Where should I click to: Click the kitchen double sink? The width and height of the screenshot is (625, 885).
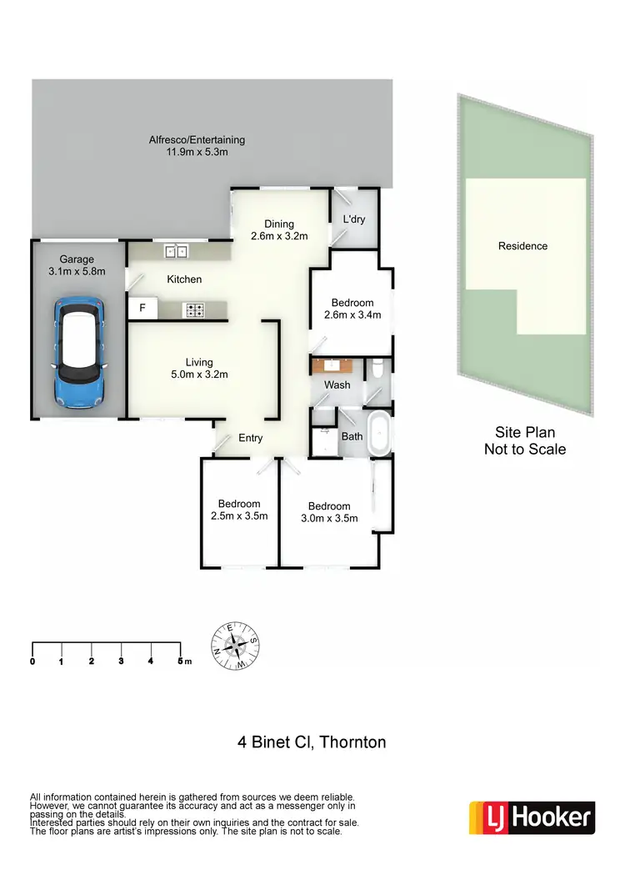pyautogui.click(x=177, y=249)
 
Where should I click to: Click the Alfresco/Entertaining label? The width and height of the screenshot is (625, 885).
pyautogui.click(x=197, y=140)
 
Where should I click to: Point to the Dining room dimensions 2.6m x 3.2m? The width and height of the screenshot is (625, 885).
pyautogui.click(x=280, y=236)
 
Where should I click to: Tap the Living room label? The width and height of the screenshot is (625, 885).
pyautogui.click(x=199, y=362)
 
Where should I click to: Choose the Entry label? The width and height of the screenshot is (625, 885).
pyautogui.click(x=251, y=439)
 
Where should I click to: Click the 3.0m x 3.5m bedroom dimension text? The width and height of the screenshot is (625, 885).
pyautogui.click(x=329, y=518)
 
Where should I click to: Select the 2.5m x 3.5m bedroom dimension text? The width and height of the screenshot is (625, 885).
pyautogui.click(x=239, y=515)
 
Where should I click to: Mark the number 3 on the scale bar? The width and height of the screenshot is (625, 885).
pyautogui.click(x=121, y=661)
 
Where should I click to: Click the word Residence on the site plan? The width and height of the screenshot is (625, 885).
pyautogui.click(x=522, y=246)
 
